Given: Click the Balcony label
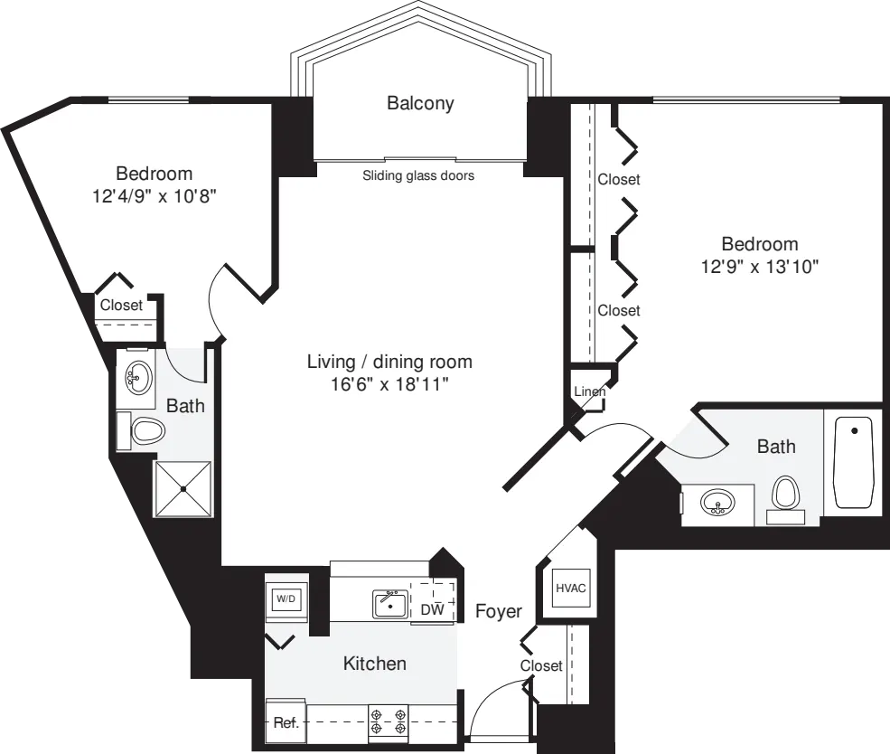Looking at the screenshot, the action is (420, 103).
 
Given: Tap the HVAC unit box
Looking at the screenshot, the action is (570, 589).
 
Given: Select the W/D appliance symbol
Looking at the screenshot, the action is (286, 598).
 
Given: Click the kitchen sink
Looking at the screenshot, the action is (390, 604).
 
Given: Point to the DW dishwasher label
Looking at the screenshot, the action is (433, 610).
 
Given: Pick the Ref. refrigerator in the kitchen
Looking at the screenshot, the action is (286, 722).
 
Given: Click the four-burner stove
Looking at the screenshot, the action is (389, 721).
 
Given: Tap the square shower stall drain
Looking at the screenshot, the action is (183, 489).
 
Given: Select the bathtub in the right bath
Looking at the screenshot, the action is (853, 462).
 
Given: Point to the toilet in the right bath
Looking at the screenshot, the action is (786, 498).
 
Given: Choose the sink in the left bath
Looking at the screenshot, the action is (138, 378).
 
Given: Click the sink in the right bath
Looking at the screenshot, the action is (717, 503).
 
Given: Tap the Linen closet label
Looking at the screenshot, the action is (590, 391).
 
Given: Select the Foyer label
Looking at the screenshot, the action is (499, 611).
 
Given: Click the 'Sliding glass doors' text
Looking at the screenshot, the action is (418, 176).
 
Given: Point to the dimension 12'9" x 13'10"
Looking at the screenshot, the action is (760, 267).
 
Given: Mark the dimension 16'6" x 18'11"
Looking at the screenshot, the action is (389, 385).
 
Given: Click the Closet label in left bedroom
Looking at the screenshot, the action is (121, 306).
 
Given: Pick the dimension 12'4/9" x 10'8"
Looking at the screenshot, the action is (155, 196).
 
